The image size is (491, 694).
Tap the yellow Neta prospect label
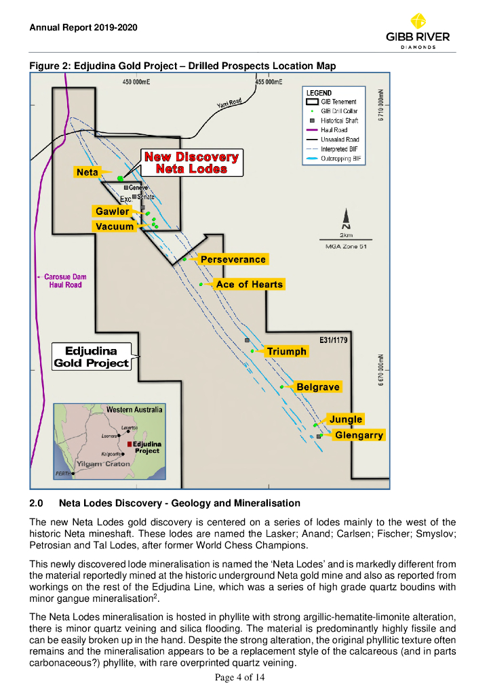click(x=87, y=173)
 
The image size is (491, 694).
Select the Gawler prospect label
click(x=112, y=211)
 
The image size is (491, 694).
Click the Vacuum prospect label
click(x=115, y=226)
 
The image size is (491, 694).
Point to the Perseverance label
click(x=233, y=260)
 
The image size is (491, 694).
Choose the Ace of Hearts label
click(x=249, y=284)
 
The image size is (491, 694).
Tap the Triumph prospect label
click(x=287, y=352)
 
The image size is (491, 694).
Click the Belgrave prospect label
click(x=317, y=387)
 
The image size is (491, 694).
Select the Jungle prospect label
click(x=346, y=420)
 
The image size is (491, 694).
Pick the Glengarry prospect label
click(x=359, y=435)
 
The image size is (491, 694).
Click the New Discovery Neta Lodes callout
click(x=191, y=163)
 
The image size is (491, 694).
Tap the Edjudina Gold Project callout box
click(x=91, y=357)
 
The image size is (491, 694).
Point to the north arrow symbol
click(x=346, y=218)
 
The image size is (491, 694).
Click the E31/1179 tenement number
click(x=333, y=340)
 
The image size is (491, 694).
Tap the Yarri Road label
click(x=229, y=103)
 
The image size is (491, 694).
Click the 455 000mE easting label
click(x=269, y=82)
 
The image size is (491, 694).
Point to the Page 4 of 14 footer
click(x=245, y=678)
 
